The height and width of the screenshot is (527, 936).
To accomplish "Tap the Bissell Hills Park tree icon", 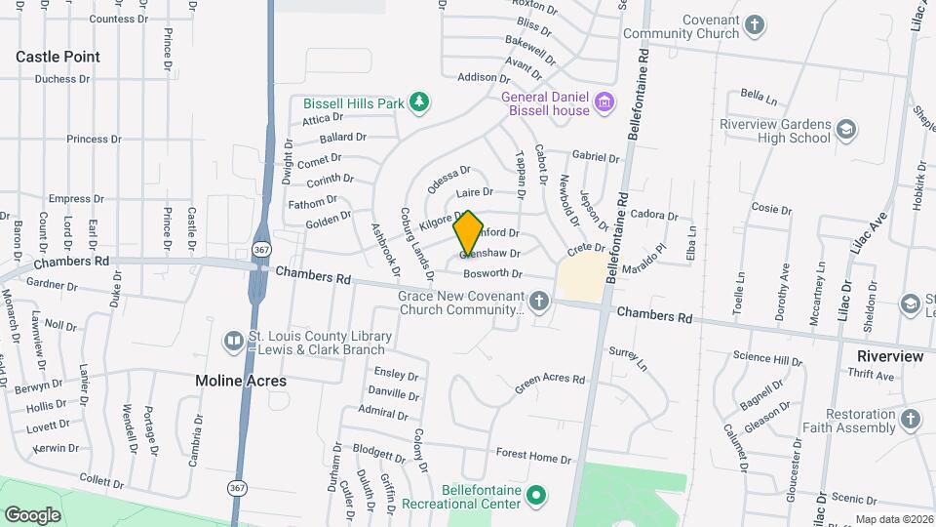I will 418,102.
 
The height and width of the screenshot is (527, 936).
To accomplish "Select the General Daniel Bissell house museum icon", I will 604,101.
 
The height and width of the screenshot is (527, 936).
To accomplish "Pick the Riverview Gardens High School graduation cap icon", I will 845,130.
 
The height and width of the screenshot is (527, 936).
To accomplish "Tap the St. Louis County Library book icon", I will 234,341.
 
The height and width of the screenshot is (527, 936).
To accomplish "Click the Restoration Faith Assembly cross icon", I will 910,420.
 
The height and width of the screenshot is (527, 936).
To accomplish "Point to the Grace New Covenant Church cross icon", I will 539,302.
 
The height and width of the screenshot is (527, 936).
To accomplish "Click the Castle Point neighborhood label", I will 58,58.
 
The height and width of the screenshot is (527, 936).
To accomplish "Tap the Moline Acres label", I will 241,381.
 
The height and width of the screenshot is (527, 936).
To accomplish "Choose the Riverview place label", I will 889,356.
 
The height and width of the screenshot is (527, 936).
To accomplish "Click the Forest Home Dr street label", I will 533,456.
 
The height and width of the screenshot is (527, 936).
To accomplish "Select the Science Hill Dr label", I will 767,359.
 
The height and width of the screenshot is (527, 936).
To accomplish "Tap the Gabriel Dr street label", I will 596,156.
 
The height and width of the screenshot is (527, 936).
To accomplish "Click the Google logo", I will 33,515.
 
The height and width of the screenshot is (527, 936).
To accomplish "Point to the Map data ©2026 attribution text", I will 894,519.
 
